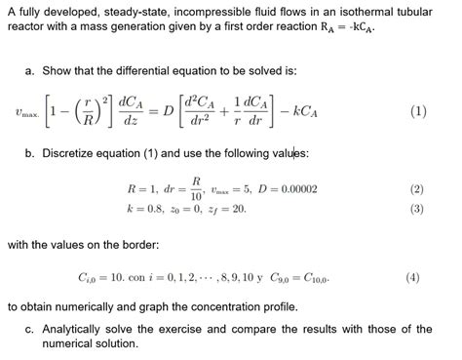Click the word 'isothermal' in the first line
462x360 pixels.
pos(371,11)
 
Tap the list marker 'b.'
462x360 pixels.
pos(31,153)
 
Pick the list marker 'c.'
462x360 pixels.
pos(31,327)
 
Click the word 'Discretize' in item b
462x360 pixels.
pos(75,153)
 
